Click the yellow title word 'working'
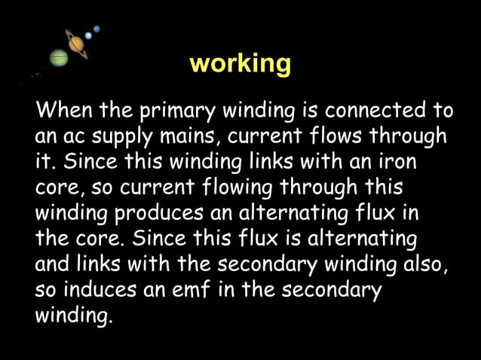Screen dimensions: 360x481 (x=240, y=63)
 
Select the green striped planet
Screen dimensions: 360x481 (x=59, y=57)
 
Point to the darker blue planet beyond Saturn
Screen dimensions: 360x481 (x=97, y=29)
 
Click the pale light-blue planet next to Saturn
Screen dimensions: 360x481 (x=88, y=35)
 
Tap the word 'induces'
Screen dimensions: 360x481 (x=100, y=290)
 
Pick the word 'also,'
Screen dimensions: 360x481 (x=426, y=264)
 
